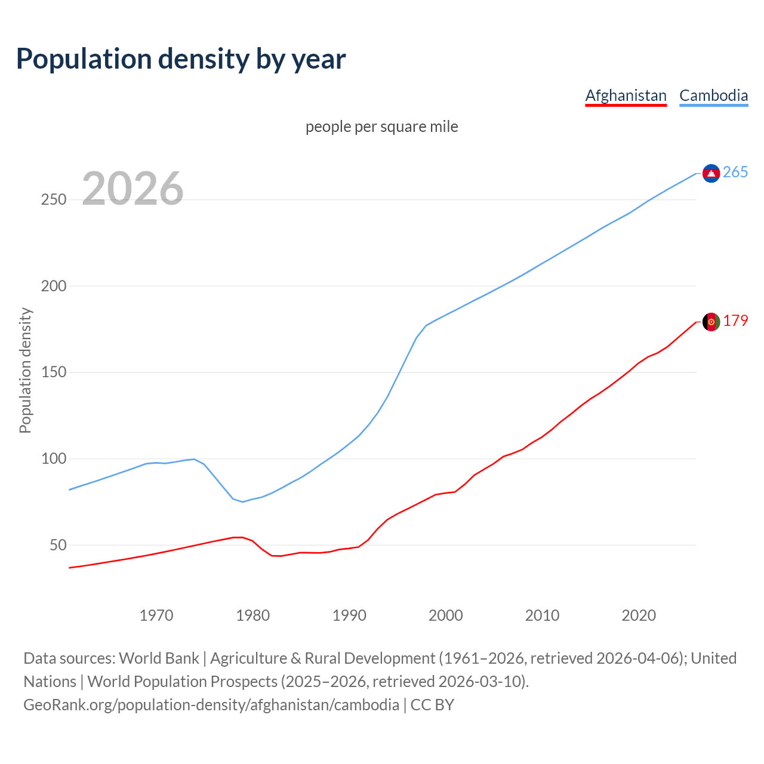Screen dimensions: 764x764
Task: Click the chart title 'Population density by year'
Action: click(181, 58)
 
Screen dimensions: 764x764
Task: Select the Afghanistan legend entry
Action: click(626, 95)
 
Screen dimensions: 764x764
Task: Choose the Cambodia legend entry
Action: click(713, 95)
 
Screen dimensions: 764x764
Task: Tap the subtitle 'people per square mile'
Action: click(382, 127)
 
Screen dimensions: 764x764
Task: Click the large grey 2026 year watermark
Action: click(133, 189)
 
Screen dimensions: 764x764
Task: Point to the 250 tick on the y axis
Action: click(54, 199)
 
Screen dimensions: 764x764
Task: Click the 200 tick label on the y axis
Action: click(54, 286)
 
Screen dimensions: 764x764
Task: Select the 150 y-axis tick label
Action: click(54, 372)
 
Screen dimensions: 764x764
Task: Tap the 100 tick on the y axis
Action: click(54, 459)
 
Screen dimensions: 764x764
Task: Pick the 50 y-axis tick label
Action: click(58, 545)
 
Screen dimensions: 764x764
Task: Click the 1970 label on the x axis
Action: click(156, 615)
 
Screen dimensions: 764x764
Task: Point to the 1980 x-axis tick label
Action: click(253, 615)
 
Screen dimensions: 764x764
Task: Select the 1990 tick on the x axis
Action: click(349, 615)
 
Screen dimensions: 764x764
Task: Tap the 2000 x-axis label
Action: click(446, 615)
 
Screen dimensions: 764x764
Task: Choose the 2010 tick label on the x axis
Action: click(542, 615)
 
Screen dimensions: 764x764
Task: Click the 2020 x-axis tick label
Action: click(639, 615)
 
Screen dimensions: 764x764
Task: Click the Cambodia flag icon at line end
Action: click(711, 173)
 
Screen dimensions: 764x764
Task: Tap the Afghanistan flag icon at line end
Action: click(711, 322)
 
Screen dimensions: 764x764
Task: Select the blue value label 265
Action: click(735, 172)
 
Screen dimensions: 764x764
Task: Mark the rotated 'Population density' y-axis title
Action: click(25, 370)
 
